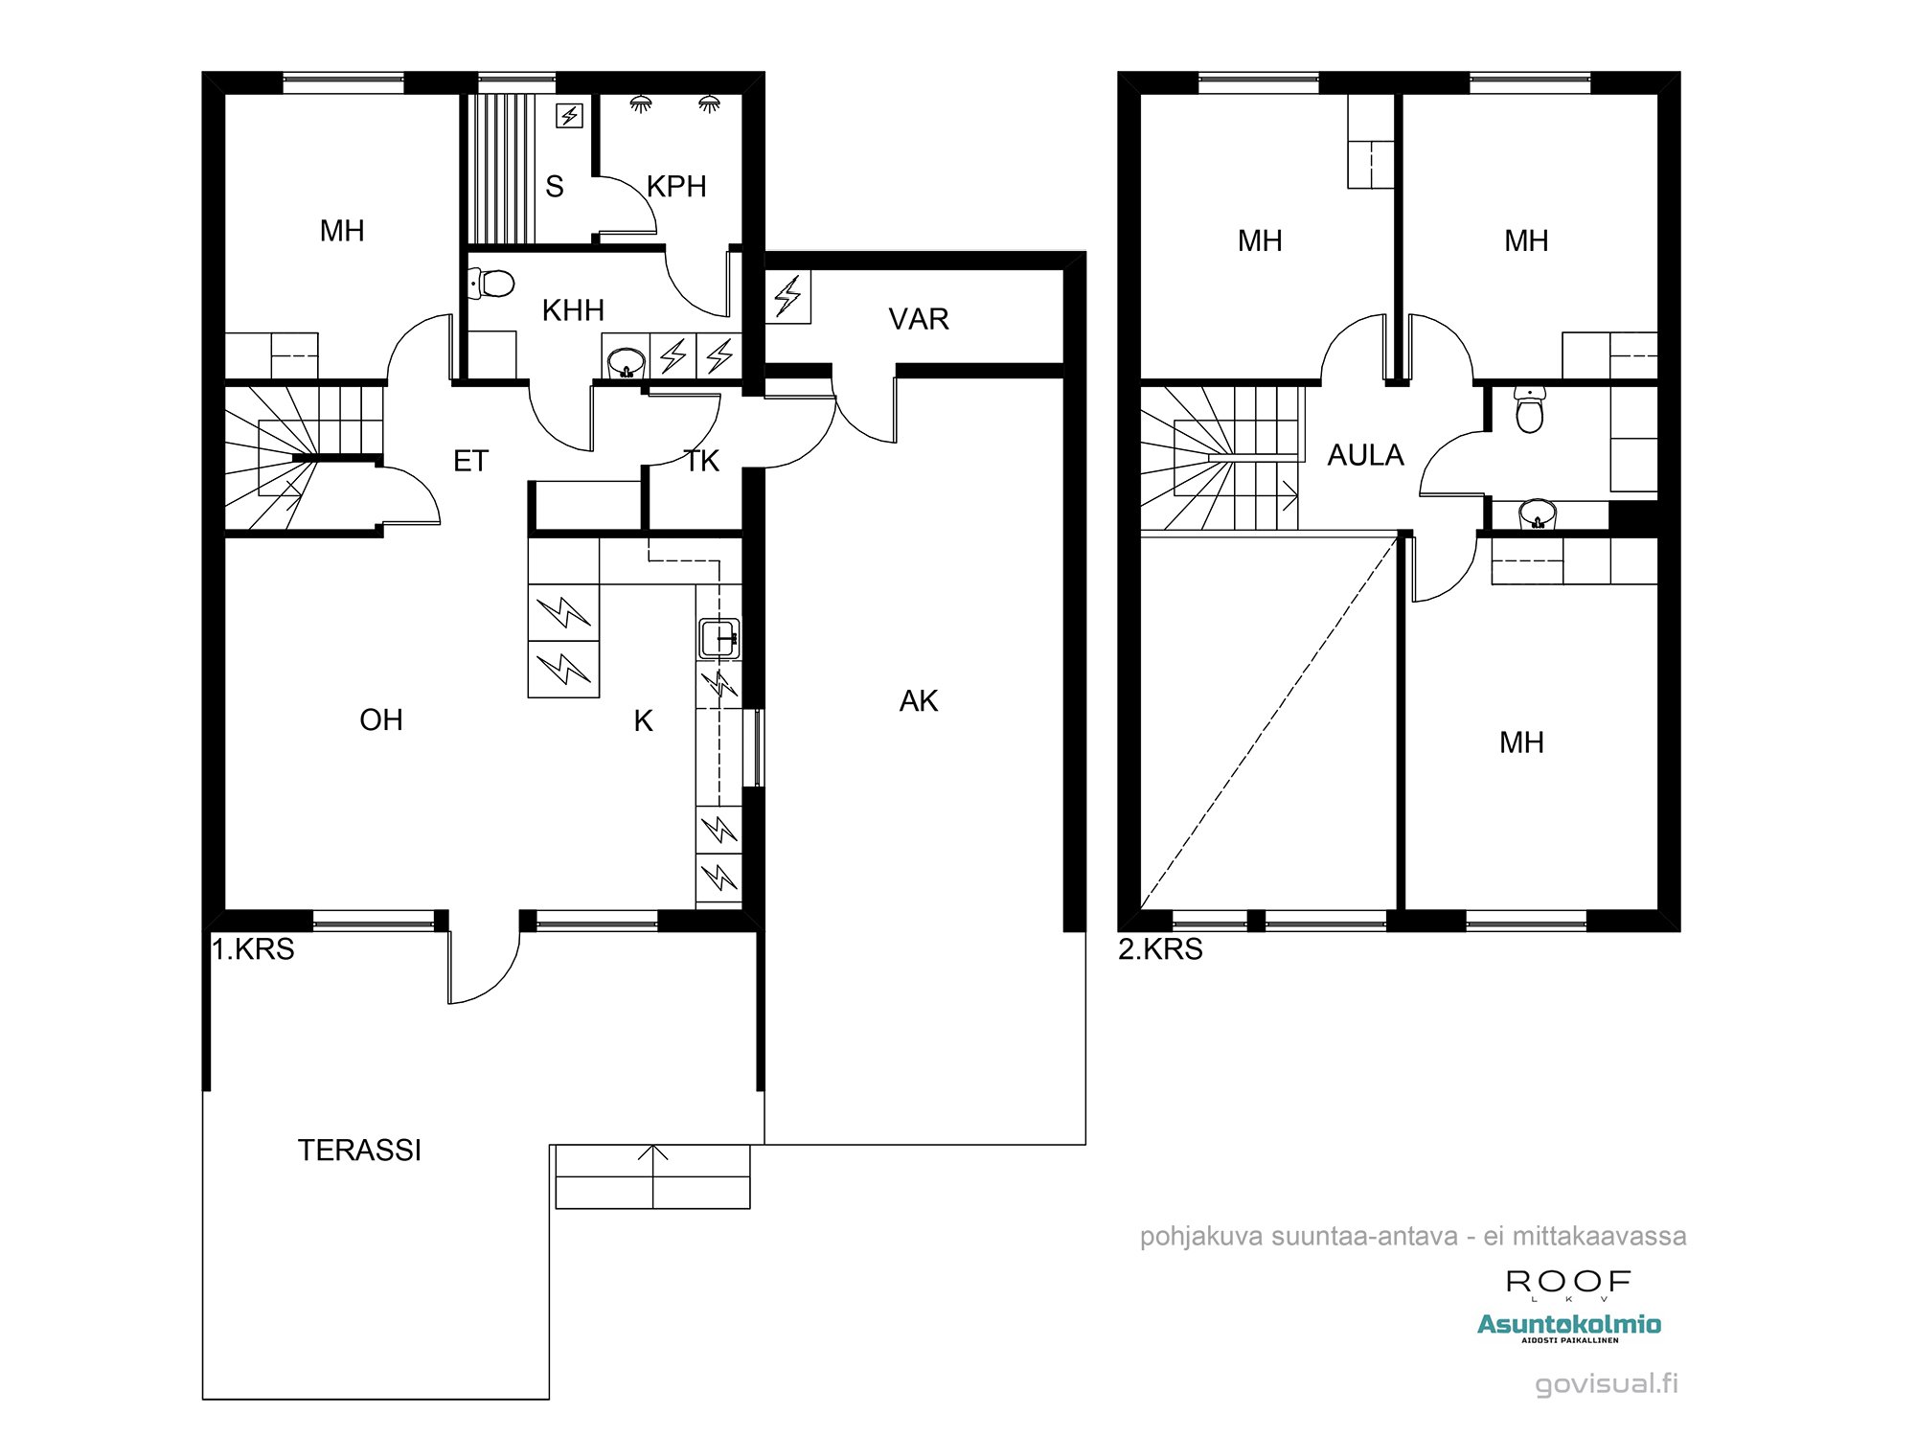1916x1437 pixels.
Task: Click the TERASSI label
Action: tap(359, 1150)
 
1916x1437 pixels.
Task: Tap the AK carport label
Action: tap(918, 701)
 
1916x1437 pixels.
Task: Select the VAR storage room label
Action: tap(918, 319)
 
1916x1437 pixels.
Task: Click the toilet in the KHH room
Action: tap(492, 284)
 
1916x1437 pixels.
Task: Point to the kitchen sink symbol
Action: tap(718, 638)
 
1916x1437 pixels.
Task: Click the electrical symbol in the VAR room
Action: tap(787, 296)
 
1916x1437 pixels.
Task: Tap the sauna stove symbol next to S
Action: tap(570, 116)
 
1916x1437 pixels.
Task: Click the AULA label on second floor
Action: tap(1365, 455)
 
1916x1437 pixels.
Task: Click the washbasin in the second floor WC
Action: tap(1537, 513)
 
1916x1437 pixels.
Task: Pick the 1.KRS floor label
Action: tap(253, 949)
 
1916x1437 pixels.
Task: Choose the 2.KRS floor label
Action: tap(1160, 949)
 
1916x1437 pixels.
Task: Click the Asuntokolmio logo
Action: tap(1568, 1326)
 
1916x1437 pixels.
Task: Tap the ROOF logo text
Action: tap(1568, 1282)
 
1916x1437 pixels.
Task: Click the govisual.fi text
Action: tap(1607, 1383)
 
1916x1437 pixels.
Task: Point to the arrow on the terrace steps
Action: tap(653, 1155)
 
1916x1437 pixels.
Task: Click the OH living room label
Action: tap(380, 719)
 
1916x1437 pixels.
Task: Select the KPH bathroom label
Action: tap(676, 186)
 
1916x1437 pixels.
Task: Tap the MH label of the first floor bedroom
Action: tap(342, 231)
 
